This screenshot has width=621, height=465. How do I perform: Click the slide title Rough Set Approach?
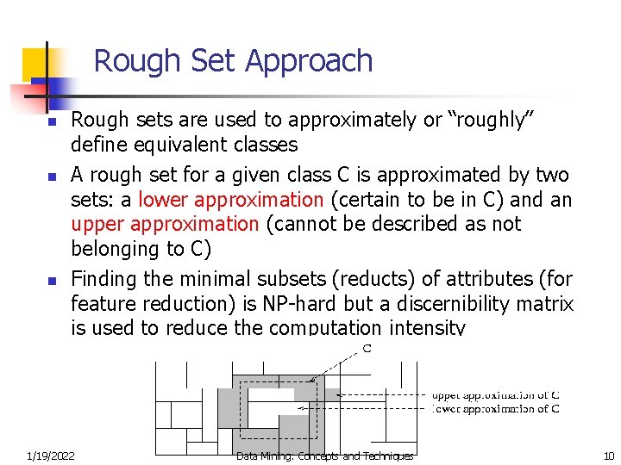233,61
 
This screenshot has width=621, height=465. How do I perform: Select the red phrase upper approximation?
165,224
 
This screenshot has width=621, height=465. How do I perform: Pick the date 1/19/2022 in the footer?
50,456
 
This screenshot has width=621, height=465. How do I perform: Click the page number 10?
608,456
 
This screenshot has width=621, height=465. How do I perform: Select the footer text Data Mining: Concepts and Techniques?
324,456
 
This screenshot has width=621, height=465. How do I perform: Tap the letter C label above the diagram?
367,349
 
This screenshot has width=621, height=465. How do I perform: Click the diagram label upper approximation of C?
495,395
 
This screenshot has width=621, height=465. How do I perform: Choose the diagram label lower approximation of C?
495,409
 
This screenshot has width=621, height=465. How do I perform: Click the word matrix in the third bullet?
547,303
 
